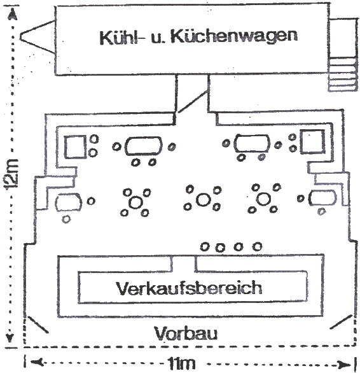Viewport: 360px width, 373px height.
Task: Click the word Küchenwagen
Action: coord(234,36)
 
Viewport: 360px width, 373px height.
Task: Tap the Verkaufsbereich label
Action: coord(189,288)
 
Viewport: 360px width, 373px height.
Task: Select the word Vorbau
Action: coord(186,334)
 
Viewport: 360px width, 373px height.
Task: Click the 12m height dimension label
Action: coord(11,174)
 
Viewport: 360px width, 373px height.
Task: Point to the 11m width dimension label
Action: coord(181,363)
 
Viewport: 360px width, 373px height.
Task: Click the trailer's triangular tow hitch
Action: coord(38,37)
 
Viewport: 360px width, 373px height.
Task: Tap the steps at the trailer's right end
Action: coord(342,74)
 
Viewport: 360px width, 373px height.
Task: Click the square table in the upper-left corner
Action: coord(76,147)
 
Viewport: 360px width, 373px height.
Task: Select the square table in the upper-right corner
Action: coord(312,141)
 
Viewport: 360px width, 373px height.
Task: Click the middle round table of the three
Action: coord(203,200)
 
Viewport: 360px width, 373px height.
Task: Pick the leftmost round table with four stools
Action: coord(135,202)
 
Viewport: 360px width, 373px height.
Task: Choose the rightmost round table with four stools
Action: coord(263,199)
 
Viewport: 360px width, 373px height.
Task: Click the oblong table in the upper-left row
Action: coord(144,146)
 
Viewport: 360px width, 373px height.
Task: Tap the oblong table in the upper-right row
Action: coord(252,143)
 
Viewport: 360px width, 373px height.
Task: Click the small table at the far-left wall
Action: coord(69,202)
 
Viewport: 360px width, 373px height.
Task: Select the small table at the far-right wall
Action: coord(322,198)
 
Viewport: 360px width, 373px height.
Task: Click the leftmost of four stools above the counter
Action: coord(205,247)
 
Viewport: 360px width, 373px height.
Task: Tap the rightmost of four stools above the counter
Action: coord(257,246)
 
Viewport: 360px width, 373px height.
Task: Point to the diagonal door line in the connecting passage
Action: coord(193,101)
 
